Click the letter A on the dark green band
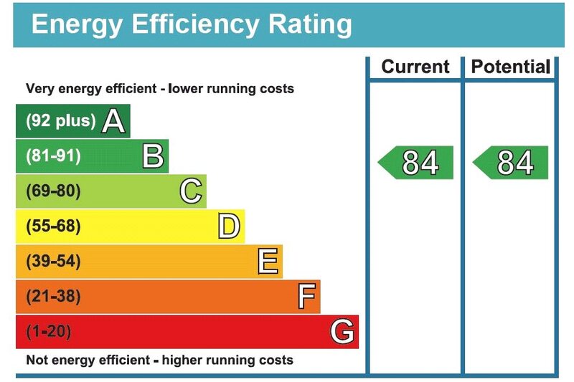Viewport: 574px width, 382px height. pos(113,121)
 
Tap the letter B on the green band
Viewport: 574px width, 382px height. pos(153,156)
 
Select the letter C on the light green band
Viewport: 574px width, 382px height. pos(191,191)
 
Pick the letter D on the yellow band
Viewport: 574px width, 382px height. pos(229,226)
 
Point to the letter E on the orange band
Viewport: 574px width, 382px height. pos(268,262)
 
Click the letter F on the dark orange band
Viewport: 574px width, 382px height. pos(306,297)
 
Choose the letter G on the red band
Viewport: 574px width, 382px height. pos(342,332)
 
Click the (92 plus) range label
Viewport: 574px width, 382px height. pos(60,121)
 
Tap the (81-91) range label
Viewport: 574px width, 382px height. pos(53,156)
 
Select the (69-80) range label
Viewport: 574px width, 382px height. pos(53,191)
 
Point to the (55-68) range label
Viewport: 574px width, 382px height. pos(53,226)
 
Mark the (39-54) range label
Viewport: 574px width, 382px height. pos(53,262)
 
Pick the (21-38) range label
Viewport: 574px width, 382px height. pos(53,297)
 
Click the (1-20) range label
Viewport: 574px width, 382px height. pos(49,332)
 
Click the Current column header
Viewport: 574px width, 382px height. pos(415,67)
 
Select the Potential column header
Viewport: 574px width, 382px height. pos(509,67)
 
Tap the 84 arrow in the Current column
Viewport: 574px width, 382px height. pos(416,163)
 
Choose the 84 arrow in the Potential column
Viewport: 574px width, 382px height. pos(511,163)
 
